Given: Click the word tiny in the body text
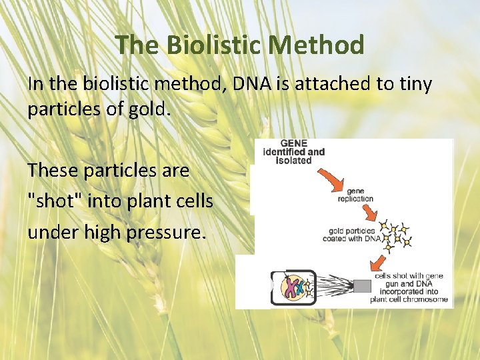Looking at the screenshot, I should pos(414,84).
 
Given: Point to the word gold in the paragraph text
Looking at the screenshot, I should pos(151,109).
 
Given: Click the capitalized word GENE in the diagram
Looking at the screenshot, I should pos(295,143).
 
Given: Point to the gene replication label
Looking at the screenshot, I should pos(355,194).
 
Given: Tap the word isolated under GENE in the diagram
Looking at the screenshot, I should pos(295,161).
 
